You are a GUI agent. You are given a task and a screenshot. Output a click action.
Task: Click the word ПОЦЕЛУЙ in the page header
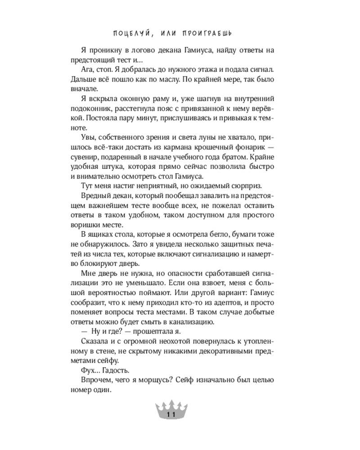(130, 34)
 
